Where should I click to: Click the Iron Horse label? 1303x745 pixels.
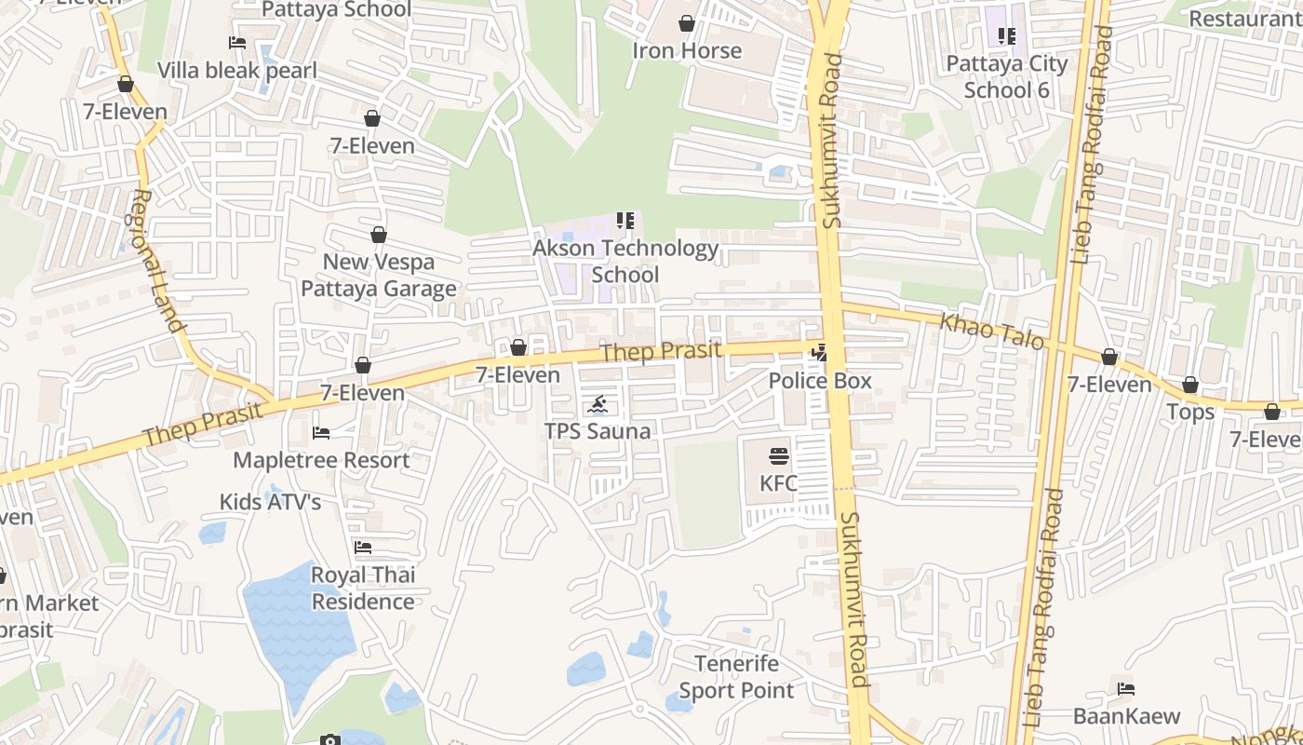(687, 50)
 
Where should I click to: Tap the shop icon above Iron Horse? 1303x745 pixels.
(687, 23)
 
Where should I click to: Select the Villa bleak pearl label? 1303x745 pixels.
(237, 71)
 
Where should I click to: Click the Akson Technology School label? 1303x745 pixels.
(625, 262)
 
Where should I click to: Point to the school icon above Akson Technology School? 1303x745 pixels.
(625, 221)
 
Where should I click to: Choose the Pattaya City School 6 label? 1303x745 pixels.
(1007, 76)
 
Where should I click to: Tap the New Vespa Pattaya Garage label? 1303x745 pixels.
(378, 276)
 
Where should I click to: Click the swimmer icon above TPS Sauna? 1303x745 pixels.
(598, 405)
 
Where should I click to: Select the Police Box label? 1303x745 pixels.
(820, 380)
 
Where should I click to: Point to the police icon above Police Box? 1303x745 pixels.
(819, 353)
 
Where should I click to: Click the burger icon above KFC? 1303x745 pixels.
(779, 456)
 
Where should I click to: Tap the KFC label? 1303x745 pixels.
(779, 483)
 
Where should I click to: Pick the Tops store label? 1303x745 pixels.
(1190, 412)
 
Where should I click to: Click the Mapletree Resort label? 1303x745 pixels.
(321, 460)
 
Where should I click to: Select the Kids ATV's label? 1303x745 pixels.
(270, 502)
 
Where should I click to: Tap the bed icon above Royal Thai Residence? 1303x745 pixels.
(363, 548)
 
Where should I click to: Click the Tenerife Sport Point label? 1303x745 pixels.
(736, 677)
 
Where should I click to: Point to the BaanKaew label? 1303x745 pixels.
(1126, 716)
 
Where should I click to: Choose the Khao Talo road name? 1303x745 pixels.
(992, 332)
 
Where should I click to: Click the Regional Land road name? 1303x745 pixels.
(157, 262)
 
